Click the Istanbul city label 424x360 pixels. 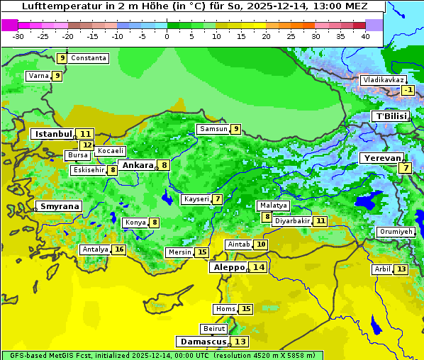pos(53,134)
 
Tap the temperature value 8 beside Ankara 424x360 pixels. pos(164,165)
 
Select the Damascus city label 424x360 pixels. pos(203,342)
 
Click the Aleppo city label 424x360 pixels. pos(228,267)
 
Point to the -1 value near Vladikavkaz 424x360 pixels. pos(408,90)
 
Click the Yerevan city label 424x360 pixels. pos(381,158)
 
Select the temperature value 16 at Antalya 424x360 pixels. pos(119,249)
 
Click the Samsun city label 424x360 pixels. pos(213,129)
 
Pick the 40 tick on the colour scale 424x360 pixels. pos(365,35)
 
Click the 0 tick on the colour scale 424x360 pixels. pos(167,35)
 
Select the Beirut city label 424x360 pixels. pos(214,329)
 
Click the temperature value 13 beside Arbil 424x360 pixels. pos(401,269)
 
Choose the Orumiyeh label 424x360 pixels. pos(394,232)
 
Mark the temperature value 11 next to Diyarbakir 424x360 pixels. pos(320,221)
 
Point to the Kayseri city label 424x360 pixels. pos(196,199)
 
